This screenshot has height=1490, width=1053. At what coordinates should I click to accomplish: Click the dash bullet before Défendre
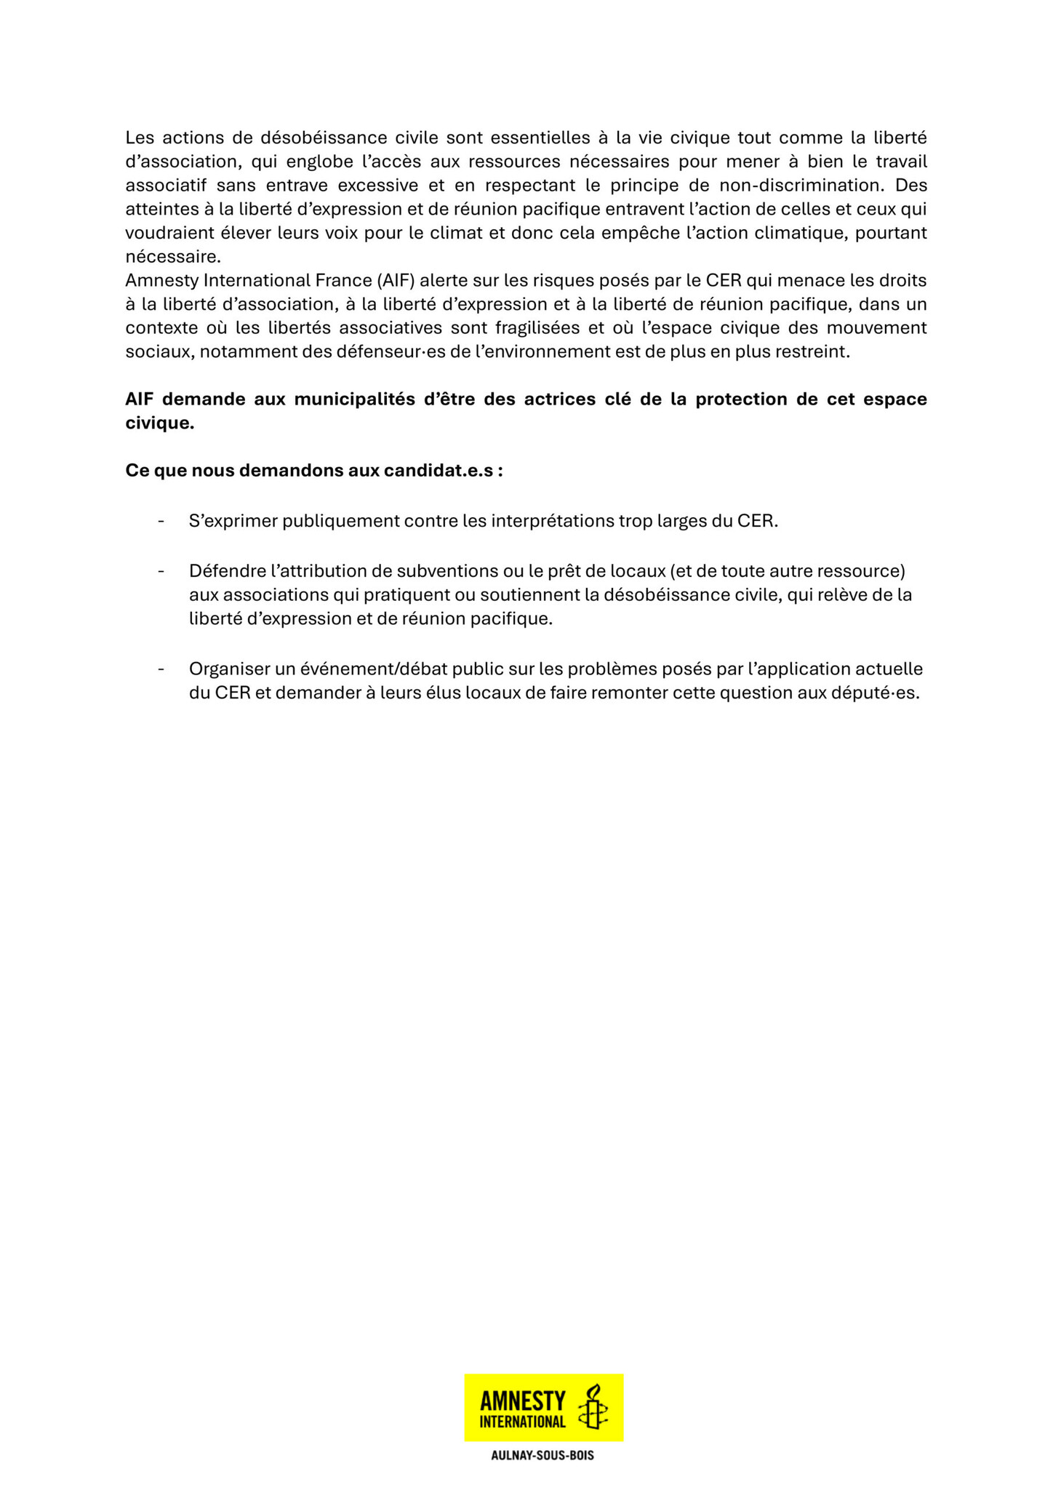161,571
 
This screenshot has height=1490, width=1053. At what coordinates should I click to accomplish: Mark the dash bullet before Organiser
161,669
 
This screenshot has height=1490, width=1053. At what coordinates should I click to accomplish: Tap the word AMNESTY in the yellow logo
523,1400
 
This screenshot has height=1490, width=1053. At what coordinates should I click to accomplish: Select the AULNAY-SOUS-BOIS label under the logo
542,1456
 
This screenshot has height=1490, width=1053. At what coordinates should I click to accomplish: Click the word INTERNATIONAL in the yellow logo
523,1421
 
